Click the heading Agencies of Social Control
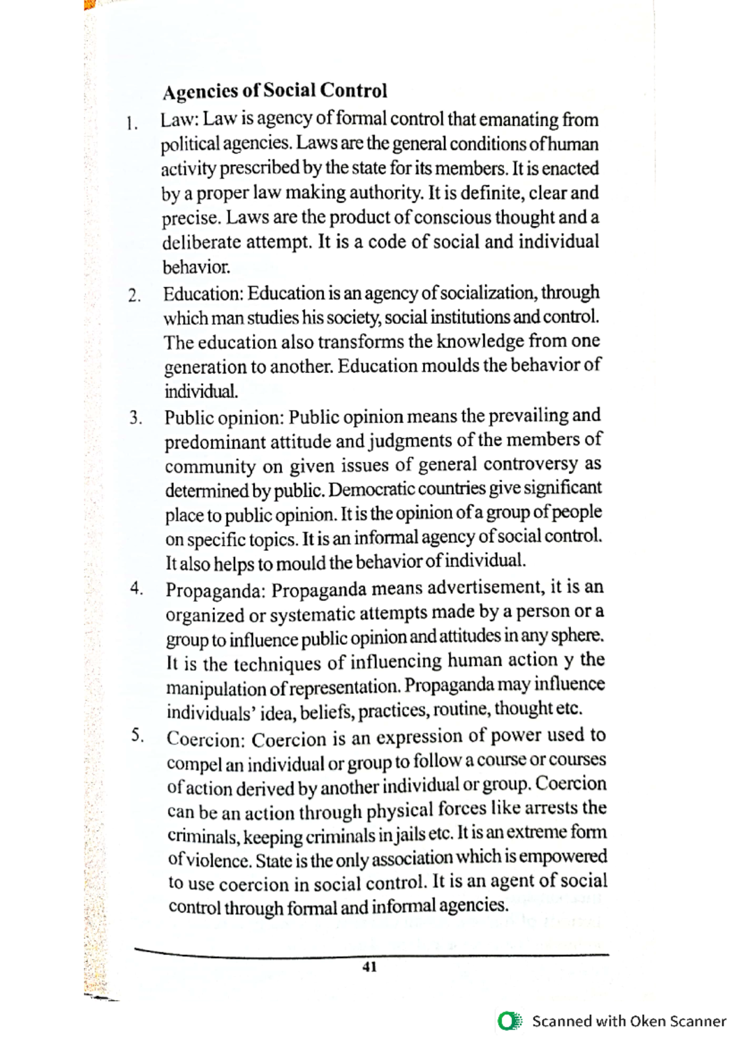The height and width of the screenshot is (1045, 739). click(275, 91)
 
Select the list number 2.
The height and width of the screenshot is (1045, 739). click(134, 296)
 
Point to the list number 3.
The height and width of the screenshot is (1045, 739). click(135, 419)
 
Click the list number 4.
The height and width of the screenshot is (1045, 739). click(137, 589)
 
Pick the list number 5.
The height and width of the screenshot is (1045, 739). click(137, 735)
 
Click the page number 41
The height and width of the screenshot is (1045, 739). click(369, 967)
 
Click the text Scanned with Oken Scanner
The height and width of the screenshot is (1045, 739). click(629, 1022)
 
